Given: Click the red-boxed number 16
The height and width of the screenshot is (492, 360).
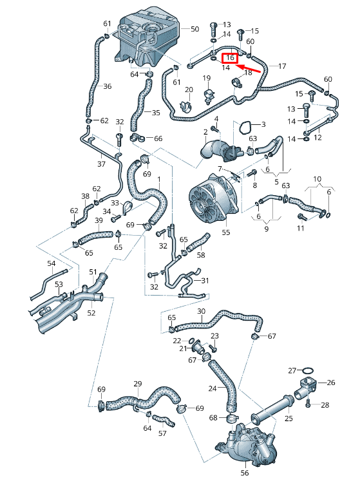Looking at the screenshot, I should (230, 58).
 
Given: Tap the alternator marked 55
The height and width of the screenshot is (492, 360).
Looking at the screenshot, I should (213, 196).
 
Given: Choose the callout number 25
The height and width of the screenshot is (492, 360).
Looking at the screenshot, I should (289, 419).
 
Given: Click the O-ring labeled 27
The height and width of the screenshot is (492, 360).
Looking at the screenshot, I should (308, 371).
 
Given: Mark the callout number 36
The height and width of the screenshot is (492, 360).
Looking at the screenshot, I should (107, 86).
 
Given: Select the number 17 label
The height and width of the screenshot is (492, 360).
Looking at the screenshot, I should (281, 66).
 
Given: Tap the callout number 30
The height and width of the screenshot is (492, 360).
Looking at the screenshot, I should (201, 311).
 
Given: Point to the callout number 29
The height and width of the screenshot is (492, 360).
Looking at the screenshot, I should (137, 384).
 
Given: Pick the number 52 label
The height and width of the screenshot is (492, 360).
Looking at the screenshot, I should (91, 313).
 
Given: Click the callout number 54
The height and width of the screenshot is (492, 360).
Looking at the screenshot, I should (52, 263).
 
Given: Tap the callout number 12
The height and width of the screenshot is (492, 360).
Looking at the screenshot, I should (317, 138).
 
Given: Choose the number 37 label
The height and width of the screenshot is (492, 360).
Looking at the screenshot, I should (101, 164).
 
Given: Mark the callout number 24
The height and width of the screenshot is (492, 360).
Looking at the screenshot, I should (213, 388).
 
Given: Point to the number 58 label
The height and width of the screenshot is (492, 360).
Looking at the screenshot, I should (201, 255).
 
